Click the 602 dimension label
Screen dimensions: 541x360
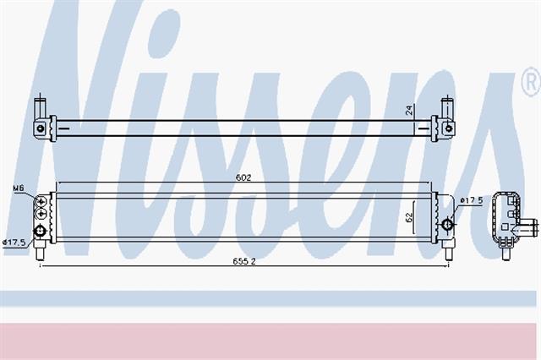[x=243, y=177]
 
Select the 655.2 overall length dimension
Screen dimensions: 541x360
[x=244, y=261]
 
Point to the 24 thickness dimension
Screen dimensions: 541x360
[x=408, y=110]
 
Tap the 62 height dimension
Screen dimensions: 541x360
[x=409, y=217]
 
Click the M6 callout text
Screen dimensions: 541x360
[x=18, y=188]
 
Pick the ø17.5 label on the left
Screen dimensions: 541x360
[x=14, y=243]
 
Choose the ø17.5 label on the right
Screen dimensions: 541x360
[x=472, y=200]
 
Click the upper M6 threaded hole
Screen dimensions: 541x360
[x=41, y=201]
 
